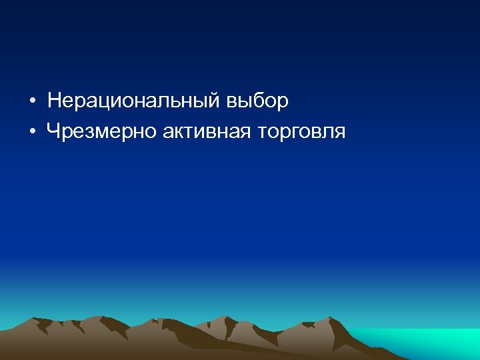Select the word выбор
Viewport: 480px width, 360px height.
coord(257,101)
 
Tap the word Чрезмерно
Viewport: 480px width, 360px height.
coord(101,131)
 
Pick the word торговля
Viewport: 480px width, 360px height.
coord(300,131)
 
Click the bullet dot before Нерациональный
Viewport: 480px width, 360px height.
coord(33,102)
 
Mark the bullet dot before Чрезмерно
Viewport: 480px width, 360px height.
coord(33,132)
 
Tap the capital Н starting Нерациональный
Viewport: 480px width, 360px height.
coord(55,101)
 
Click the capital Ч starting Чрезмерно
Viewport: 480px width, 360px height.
coord(54,131)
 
